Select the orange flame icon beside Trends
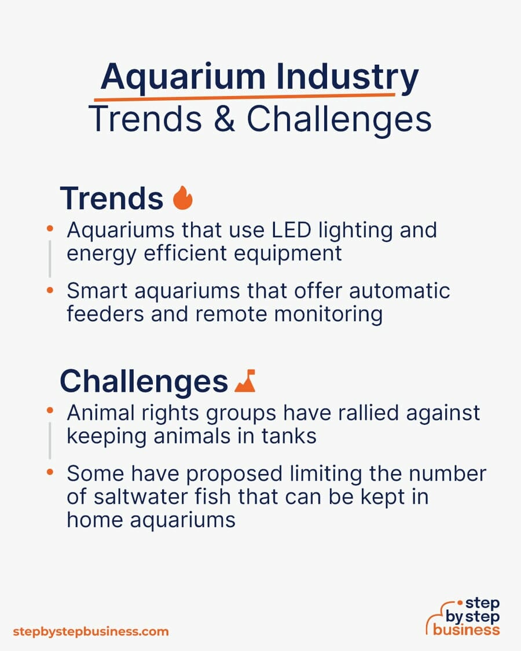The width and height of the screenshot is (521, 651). click(183, 198)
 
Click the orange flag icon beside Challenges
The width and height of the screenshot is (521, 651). click(245, 381)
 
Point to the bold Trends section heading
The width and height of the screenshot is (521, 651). click(112, 198)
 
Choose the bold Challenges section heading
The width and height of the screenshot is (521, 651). click(144, 381)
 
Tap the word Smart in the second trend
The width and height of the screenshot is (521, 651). click(97, 290)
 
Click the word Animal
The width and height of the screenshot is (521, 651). click(101, 413)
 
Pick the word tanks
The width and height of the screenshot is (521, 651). click(289, 436)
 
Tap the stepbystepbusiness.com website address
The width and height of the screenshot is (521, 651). click(90, 632)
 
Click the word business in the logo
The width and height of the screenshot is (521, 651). click(466, 630)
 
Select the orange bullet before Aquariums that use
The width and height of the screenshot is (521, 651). click(50, 229)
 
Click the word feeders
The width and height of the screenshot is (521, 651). click(105, 314)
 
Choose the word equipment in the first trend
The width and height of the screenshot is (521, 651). click(288, 253)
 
